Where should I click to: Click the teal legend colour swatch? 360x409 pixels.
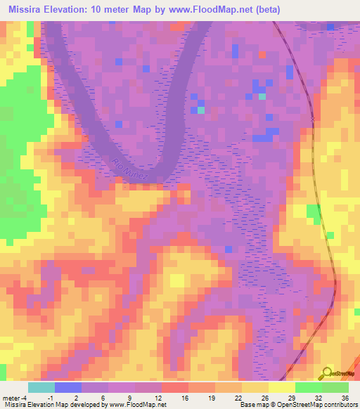pos(41,387)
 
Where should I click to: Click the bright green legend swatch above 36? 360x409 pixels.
pos(335,387)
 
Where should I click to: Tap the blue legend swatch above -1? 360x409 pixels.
pos(68,387)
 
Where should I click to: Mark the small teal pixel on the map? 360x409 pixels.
pos(201,110)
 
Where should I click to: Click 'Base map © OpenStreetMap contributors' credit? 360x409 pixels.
pos(297,405)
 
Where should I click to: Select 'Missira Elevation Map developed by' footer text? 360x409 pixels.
pos(53,405)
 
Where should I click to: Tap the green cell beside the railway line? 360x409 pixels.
pos(313,213)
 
